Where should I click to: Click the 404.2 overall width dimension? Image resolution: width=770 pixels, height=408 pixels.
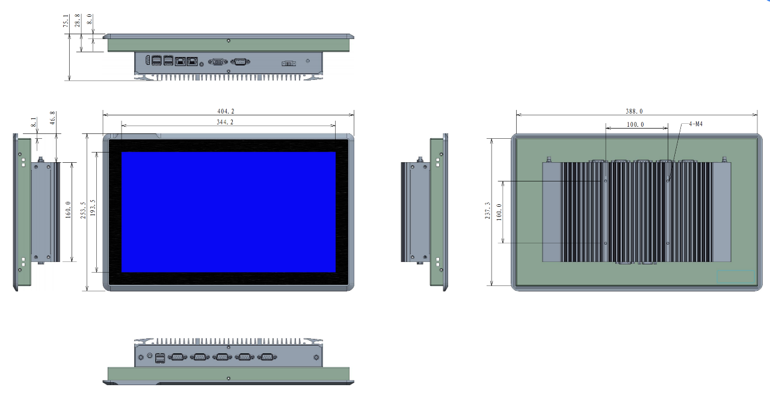(x=226, y=111)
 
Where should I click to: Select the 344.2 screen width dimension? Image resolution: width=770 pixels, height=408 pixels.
(x=225, y=122)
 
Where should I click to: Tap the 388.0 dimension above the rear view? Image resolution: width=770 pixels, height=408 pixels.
(x=634, y=111)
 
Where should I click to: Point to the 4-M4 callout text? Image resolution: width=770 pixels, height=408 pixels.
(x=695, y=124)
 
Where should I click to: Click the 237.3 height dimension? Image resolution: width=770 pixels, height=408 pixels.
(x=487, y=210)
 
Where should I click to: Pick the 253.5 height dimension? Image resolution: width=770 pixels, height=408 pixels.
(x=83, y=210)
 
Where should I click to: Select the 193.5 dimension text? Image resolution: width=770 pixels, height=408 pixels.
(x=93, y=208)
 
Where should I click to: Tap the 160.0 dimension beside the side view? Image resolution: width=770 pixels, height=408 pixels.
(x=68, y=210)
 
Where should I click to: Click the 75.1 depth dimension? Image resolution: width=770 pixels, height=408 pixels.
(x=66, y=20)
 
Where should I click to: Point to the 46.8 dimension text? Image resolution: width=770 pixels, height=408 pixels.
(x=52, y=118)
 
